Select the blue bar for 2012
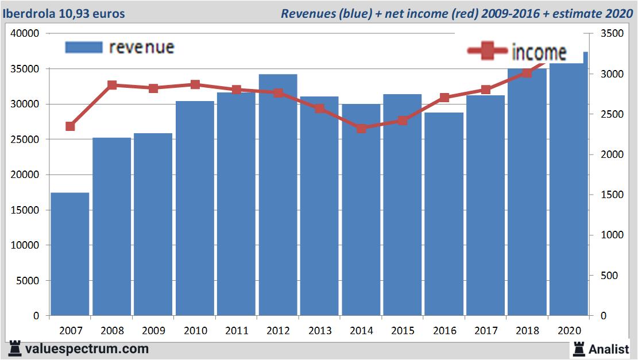pos(278,195)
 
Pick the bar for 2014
pos(361,210)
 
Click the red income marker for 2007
pos(70,126)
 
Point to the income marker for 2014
pos(361,128)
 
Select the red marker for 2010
pos(195,84)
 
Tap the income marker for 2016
pos(444,98)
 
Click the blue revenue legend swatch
pos(84,47)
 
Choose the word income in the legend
pos(539,52)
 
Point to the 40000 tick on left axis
pos(25,33)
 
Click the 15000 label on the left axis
pos(25,210)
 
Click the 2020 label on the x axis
pos(569,331)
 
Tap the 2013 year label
pos(320,331)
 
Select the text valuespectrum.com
pos(87,349)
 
